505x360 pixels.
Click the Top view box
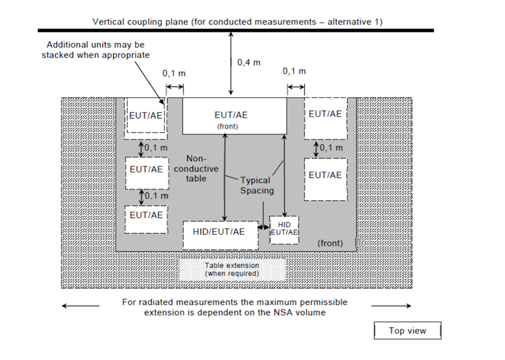pyautogui.click(x=407, y=330)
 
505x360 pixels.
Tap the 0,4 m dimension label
pyautogui.click(x=249, y=63)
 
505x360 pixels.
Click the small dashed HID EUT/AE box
pyautogui.click(x=284, y=228)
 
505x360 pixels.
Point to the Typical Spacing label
pyautogui.click(x=256, y=185)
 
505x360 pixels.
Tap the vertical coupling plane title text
pyautogui.click(x=237, y=21)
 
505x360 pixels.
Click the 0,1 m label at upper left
pyautogui.click(x=174, y=73)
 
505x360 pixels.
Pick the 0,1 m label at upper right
pyautogui.click(x=295, y=71)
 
